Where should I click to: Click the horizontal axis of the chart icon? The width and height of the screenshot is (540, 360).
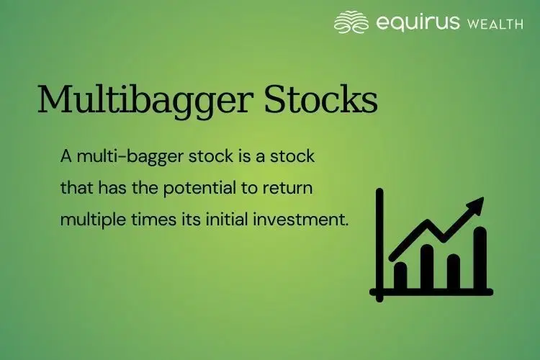tap(432, 292)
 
